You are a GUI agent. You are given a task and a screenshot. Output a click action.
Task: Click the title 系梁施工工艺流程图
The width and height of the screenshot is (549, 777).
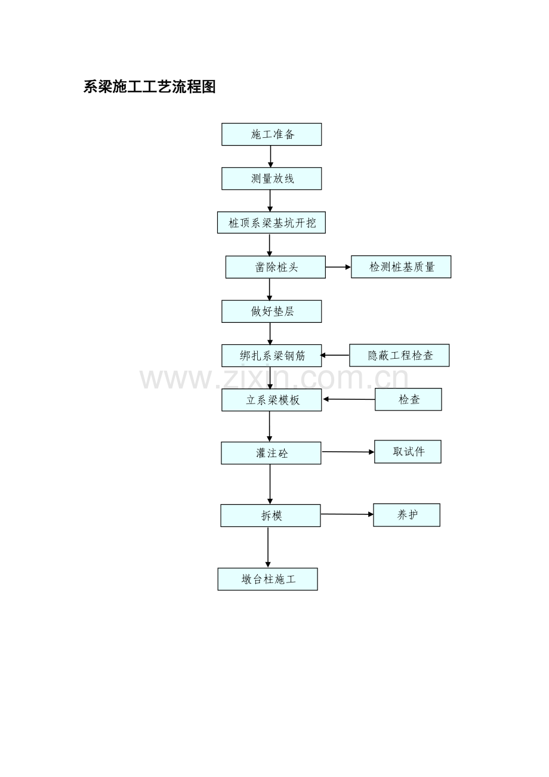click(149, 87)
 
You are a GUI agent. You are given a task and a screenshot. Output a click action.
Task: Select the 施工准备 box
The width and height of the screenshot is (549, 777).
click(272, 134)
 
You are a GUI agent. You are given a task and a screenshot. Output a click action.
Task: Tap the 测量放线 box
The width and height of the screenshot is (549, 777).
click(272, 178)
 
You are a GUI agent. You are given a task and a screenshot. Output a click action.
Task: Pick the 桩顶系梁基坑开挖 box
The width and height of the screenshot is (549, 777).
click(272, 223)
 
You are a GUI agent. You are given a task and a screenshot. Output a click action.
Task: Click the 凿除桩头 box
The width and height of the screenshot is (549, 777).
click(276, 267)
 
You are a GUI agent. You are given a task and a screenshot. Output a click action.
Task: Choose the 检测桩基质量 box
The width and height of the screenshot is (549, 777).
click(401, 267)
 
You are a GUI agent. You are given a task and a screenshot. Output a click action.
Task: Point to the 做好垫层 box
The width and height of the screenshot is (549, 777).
click(272, 312)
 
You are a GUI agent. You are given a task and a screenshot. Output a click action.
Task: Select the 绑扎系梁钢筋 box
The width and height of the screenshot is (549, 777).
click(272, 356)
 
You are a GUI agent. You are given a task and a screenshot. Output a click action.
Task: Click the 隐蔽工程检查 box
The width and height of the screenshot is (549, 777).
click(399, 355)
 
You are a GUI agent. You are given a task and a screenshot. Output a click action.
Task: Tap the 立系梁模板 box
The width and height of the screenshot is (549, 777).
click(272, 400)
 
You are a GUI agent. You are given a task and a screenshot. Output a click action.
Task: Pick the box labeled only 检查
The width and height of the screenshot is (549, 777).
click(408, 400)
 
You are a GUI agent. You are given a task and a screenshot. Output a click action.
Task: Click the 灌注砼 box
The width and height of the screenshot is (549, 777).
click(271, 453)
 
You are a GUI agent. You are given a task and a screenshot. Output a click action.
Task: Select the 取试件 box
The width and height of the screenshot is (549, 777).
click(408, 452)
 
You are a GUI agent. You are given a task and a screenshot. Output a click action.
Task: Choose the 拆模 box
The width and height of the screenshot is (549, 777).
click(270, 516)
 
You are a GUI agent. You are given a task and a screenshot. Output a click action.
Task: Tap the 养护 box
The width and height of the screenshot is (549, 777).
click(407, 515)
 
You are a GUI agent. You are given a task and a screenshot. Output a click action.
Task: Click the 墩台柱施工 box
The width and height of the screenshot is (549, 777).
click(268, 579)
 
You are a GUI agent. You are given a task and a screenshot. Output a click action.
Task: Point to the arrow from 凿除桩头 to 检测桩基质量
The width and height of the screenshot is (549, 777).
click(338, 267)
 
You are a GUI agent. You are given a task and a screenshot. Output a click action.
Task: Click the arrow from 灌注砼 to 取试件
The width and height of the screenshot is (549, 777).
click(348, 452)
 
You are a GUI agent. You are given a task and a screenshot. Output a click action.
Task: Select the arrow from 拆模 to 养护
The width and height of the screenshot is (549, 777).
click(347, 514)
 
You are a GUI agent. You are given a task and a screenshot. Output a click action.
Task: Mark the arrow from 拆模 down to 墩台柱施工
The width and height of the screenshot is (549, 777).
click(268, 547)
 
